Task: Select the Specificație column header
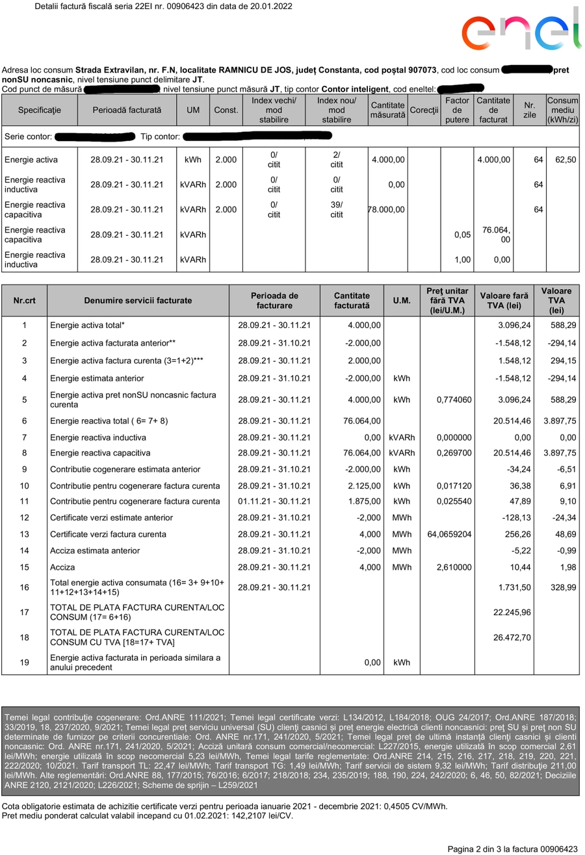pos(40,110)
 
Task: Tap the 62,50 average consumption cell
pos(563,159)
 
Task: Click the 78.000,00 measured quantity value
pos(387,209)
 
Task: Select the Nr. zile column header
pos(529,110)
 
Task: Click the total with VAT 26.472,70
pos(512,638)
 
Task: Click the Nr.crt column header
pos(25,300)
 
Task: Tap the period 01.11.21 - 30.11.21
pos(274,501)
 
